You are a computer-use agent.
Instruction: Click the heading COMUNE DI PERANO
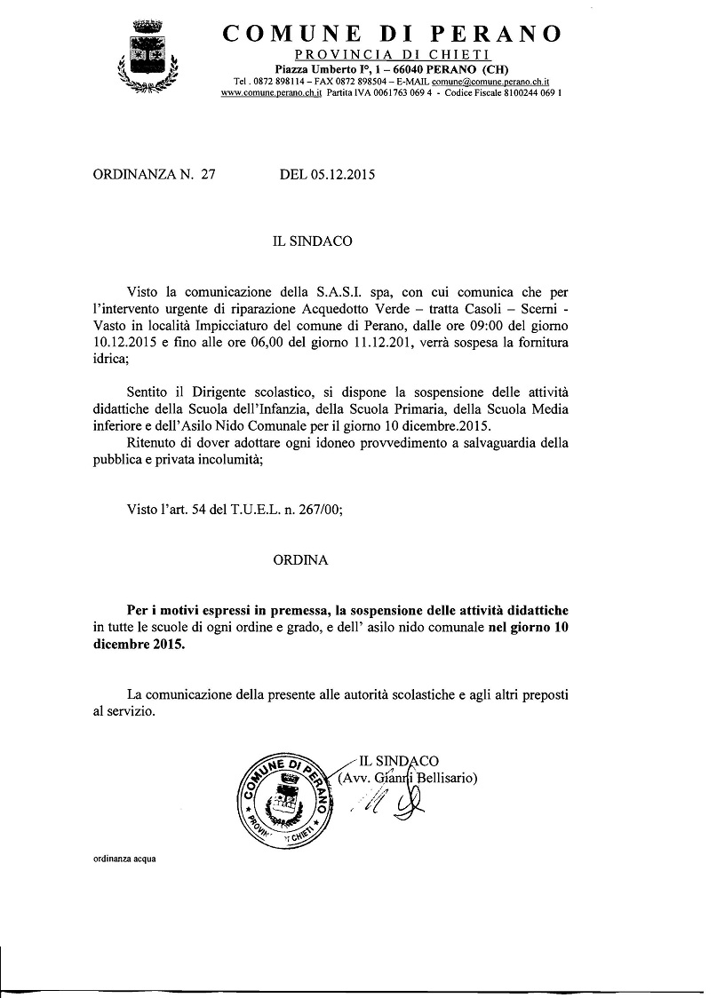pos(392,34)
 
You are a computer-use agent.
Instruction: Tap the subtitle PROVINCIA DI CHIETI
pos(392,56)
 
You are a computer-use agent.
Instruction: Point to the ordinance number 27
pos(209,175)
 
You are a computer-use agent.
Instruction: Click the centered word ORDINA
pos(300,560)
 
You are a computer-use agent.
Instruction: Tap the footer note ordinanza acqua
pos(123,859)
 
